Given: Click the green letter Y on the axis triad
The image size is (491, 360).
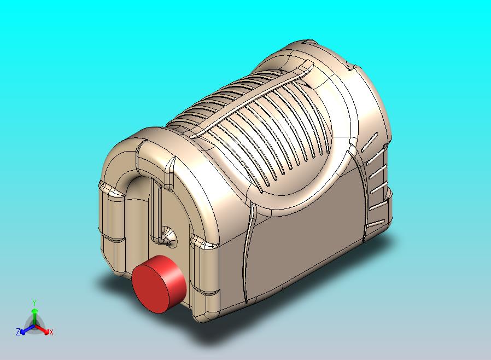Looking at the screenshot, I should (x=34, y=302).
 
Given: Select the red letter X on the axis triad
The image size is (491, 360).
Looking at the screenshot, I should (x=51, y=332).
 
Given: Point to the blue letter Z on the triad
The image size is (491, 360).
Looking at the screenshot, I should (x=18, y=332).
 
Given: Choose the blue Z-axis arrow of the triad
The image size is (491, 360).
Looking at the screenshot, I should (x=25, y=329).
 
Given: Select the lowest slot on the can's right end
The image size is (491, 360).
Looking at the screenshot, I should (x=376, y=224).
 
